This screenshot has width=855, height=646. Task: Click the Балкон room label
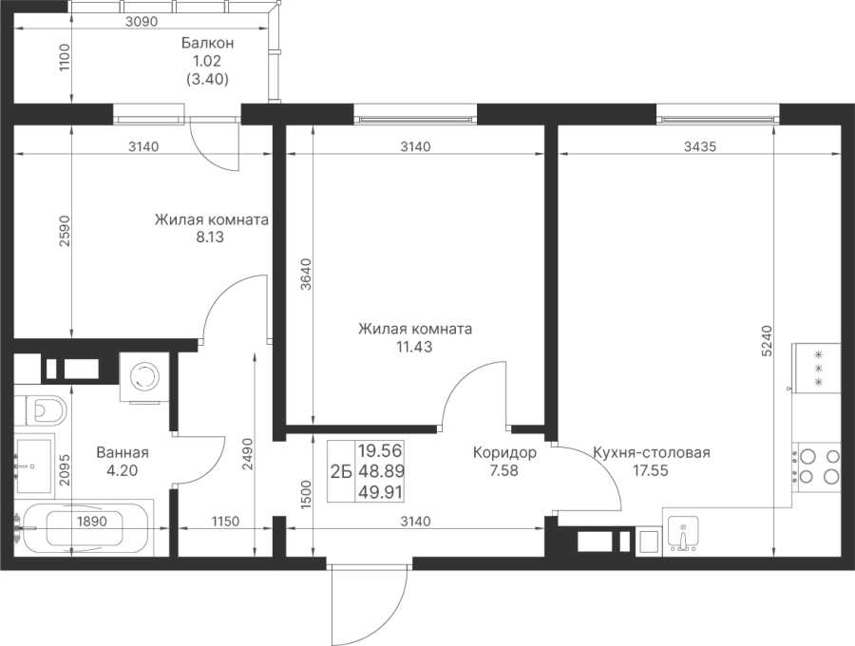click(207, 44)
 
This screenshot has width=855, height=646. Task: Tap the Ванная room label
click(123, 453)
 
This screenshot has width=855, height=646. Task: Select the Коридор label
click(504, 453)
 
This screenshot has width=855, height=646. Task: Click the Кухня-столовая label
click(651, 453)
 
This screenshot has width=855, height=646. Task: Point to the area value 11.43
click(414, 347)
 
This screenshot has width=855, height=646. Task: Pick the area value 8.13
click(211, 237)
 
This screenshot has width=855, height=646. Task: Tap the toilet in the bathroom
click(42, 410)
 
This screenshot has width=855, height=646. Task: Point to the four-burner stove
click(817, 465)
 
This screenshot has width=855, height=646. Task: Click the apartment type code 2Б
click(341, 470)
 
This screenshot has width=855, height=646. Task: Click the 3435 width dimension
click(699, 146)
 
